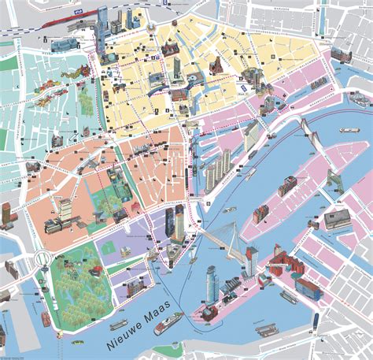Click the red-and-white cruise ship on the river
pos(168,323)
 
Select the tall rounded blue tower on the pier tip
pos(211,283)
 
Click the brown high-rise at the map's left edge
pos(6,213)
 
